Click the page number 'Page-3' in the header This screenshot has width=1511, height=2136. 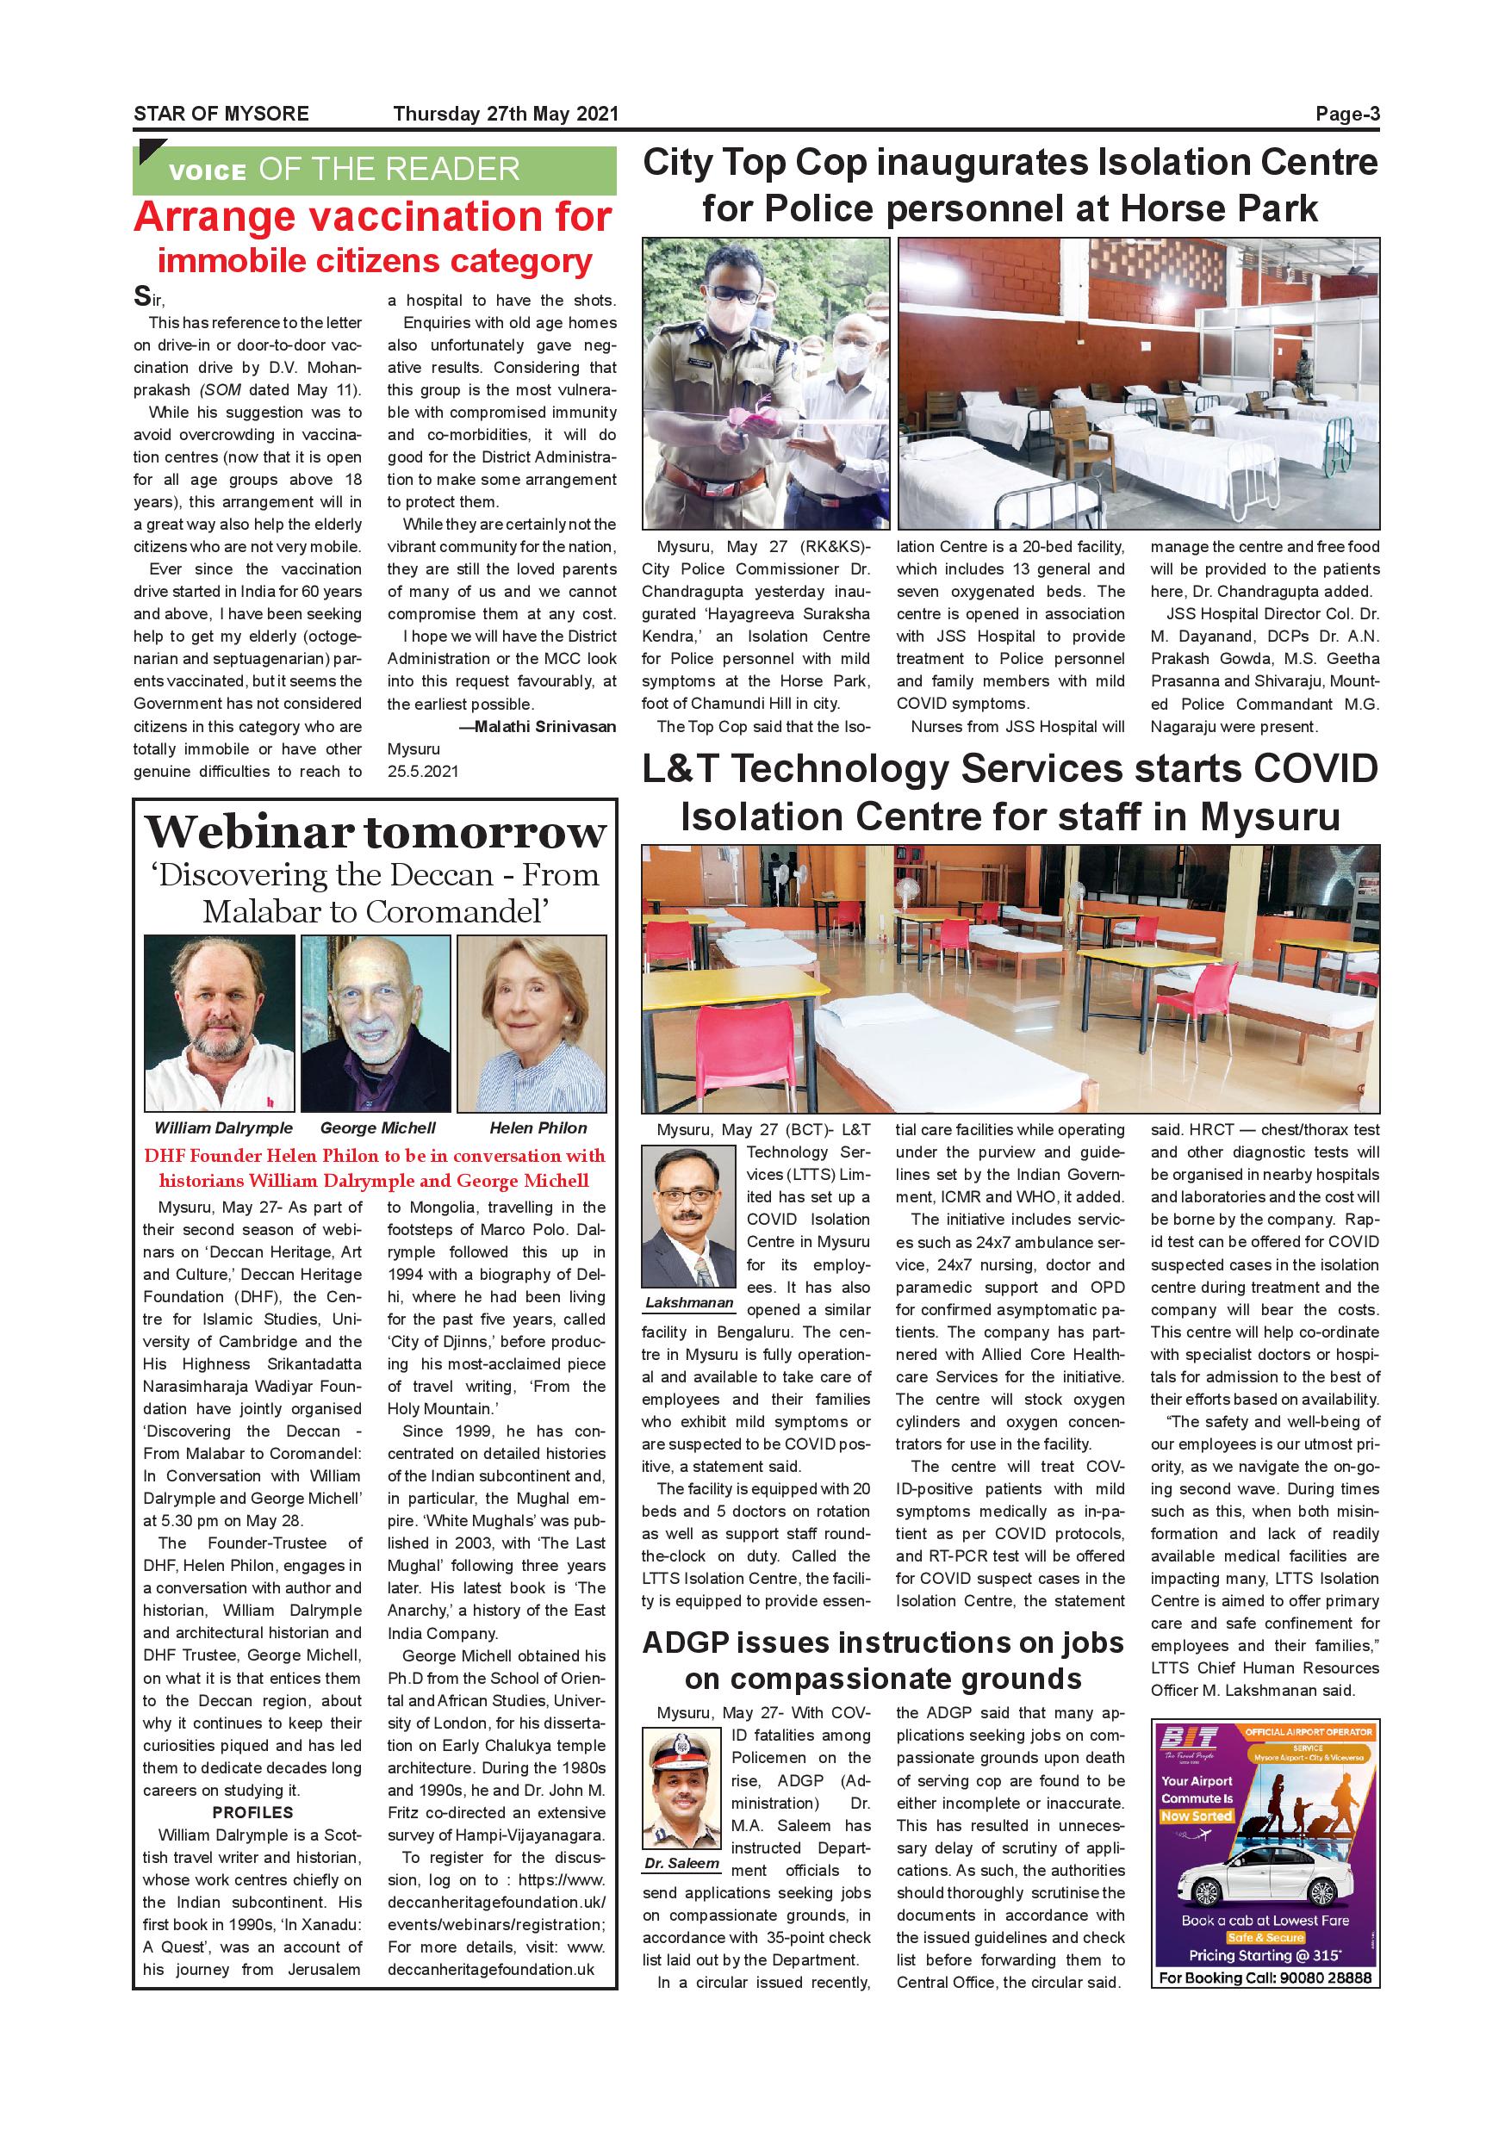point(1346,114)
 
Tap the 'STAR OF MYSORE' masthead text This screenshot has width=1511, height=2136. point(221,114)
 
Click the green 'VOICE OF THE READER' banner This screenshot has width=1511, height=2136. point(374,170)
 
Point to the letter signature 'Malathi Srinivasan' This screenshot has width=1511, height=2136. point(544,727)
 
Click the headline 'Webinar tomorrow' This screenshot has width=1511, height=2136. point(375,832)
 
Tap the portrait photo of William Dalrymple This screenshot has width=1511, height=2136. point(220,1023)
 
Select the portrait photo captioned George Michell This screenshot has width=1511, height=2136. point(375,1023)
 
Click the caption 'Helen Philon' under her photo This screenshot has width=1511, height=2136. point(538,1127)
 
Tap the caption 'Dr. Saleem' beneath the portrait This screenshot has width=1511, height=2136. point(682,1864)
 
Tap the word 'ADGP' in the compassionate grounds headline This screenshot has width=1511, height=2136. point(686,1643)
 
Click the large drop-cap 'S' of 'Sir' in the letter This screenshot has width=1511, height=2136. point(142,297)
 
